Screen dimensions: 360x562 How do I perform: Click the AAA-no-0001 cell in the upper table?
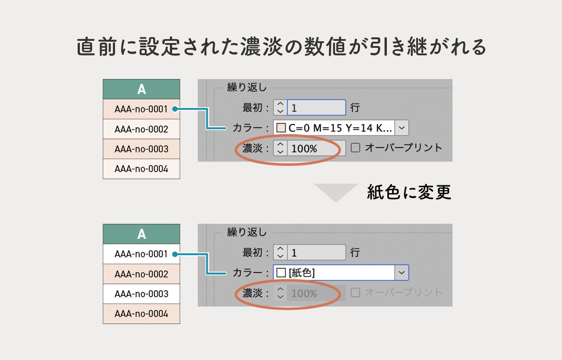141,109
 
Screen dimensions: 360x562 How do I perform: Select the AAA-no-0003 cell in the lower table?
141,294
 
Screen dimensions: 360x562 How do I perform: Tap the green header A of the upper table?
141,89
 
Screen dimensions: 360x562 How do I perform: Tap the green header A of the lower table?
141,234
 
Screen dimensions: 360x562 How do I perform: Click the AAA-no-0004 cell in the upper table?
141,169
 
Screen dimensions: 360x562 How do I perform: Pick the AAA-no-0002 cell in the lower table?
141,274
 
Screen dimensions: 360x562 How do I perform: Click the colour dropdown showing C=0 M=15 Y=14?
340,128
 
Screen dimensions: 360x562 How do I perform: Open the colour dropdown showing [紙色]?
340,272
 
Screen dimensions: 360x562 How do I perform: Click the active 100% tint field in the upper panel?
317,148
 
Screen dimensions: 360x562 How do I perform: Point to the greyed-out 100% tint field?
317,294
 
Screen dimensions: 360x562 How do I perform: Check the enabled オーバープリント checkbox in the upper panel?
356,148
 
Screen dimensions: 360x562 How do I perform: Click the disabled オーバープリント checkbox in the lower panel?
356,293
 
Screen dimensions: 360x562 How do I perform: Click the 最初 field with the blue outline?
317,108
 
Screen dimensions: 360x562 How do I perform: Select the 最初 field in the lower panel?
317,253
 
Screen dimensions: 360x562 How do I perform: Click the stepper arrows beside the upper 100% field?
280,148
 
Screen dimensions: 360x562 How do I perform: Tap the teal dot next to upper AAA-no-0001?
175,109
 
